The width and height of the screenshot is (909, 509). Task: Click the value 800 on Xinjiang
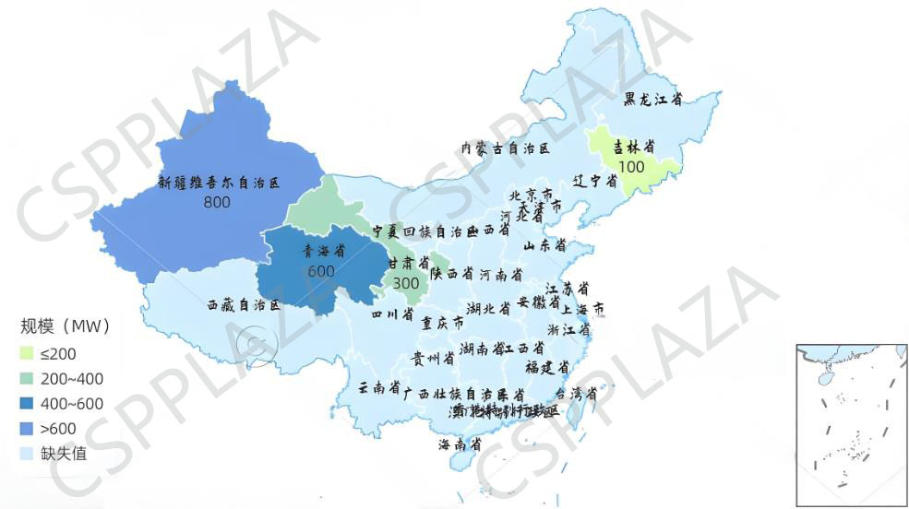pos(217,202)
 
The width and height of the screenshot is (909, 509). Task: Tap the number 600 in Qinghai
pos(321,270)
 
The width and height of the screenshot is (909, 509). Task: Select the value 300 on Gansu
pos(406,283)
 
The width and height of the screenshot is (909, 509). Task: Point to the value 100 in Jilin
pos(632,167)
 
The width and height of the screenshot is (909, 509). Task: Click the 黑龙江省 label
pos(652,100)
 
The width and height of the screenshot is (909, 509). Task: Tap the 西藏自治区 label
pos(243,304)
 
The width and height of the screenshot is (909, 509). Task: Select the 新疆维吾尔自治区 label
pos(218,183)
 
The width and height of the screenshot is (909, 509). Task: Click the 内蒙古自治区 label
pos(506,148)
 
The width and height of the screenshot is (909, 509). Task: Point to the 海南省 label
pos(460,444)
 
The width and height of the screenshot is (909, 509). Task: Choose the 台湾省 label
pos(576,394)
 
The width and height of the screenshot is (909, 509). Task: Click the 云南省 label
pos(378,388)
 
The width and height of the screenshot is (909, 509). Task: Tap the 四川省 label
pos(392,315)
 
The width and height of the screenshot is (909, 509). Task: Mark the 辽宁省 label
pos(595,181)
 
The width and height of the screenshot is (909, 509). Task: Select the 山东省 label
pos(544,246)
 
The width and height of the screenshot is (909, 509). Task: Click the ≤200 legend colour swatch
pos(28,353)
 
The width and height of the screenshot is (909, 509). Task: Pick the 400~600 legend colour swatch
pos(28,403)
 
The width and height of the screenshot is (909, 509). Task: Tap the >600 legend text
pos(58,428)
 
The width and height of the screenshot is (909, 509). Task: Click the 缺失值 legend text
pos(63,453)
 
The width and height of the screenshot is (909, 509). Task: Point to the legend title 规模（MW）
pos(66,326)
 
